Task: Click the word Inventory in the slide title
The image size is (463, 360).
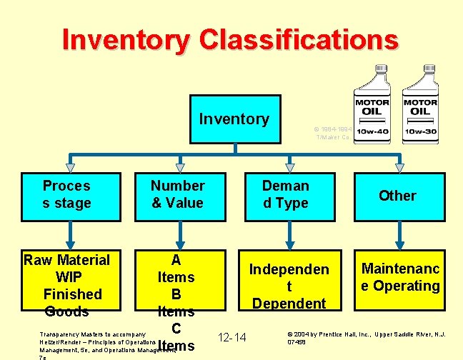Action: [x=126, y=39]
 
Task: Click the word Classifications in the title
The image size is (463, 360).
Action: [x=298, y=39]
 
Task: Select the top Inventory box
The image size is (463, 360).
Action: [x=234, y=119]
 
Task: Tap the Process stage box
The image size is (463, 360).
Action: [x=67, y=194]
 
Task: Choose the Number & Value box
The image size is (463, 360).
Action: [x=177, y=194]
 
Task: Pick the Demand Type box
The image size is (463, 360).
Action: [x=285, y=194]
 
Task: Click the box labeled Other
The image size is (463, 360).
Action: [x=397, y=195]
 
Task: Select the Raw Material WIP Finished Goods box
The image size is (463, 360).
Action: [x=67, y=285]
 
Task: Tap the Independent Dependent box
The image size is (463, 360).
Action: [x=289, y=285]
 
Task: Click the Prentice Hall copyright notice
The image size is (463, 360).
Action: [x=366, y=338]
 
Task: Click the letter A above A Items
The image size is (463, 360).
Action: [x=176, y=260]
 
